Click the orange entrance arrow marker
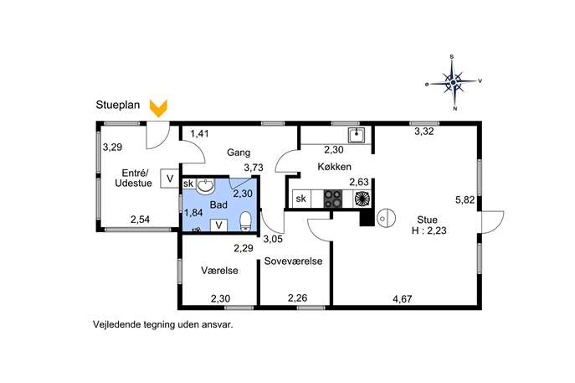[x=158, y=108]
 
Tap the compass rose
[x=454, y=83]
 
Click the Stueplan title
[x=118, y=105]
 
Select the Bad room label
[x=218, y=204]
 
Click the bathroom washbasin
[x=205, y=186]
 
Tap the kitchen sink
[x=356, y=135]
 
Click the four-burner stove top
[x=333, y=199]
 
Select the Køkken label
[x=334, y=167]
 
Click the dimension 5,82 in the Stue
[x=465, y=200]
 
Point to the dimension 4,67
[x=403, y=299]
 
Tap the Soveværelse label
[x=294, y=261]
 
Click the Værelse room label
[x=219, y=271]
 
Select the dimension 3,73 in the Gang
[x=254, y=168]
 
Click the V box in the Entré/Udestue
[x=169, y=179]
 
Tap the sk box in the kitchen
[x=301, y=199]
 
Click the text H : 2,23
[x=429, y=230]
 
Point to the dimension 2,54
[x=140, y=220]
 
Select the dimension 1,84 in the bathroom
[x=193, y=213]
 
